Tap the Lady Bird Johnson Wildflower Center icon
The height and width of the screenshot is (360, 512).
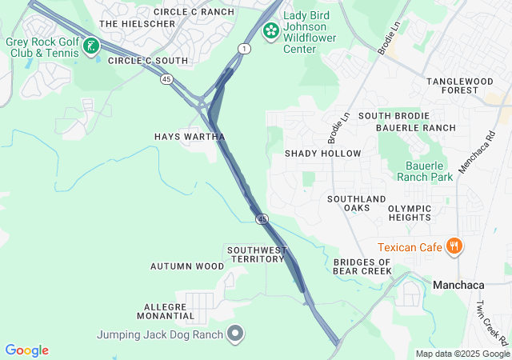(x=271, y=30)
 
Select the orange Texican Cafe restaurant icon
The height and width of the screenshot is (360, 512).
(x=454, y=246)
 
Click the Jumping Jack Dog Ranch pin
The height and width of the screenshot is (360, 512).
(x=234, y=334)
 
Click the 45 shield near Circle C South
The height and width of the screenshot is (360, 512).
(x=166, y=78)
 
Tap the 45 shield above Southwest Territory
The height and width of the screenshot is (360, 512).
(x=262, y=219)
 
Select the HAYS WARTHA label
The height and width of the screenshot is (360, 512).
(x=190, y=137)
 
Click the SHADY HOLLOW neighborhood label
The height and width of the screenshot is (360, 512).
(x=322, y=153)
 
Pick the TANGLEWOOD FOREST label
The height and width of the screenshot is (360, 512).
(x=462, y=86)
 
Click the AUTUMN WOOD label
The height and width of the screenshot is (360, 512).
(x=187, y=266)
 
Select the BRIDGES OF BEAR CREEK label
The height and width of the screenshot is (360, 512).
(x=362, y=266)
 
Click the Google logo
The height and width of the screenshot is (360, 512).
(x=26, y=350)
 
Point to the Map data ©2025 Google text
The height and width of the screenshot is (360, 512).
(x=462, y=354)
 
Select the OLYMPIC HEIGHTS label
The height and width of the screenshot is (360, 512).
(x=410, y=213)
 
